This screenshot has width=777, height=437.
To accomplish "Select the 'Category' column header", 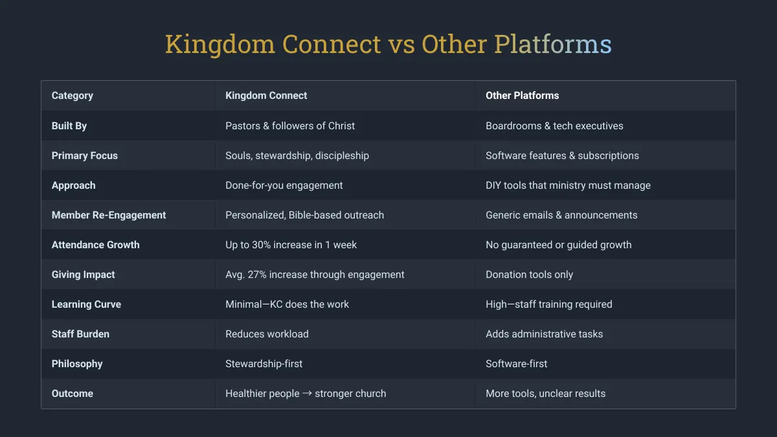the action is [73, 96].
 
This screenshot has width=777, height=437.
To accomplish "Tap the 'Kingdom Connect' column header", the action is [266, 96].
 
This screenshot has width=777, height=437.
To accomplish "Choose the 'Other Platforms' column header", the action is [522, 96].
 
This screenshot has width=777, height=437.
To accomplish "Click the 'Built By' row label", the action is [69, 126].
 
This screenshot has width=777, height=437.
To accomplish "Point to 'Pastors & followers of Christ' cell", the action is [290, 126].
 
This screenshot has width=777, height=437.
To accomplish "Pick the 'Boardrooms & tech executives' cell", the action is [554, 126].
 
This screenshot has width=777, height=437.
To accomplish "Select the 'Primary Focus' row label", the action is [85, 156].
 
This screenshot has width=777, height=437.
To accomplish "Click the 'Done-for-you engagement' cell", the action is [284, 186].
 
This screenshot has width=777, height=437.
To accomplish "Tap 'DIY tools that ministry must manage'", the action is [569, 186].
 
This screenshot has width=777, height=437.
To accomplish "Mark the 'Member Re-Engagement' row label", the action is [109, 215].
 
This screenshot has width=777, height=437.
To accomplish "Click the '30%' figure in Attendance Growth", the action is [261, 245].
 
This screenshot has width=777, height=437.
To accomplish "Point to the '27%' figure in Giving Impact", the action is [257, 275].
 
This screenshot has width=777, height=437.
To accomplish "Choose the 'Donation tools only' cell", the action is [530, 275].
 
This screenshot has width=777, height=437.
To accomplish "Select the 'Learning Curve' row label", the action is [86, 304].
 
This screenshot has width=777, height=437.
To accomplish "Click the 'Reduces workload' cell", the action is [267, 334].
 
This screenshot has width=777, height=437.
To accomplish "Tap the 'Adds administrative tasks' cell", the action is [545, 334].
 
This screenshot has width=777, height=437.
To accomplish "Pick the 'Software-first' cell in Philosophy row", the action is [517, 364].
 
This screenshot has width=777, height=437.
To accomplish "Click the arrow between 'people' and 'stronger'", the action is [307, 394].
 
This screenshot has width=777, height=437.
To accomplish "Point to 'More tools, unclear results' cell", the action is [546, 394].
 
